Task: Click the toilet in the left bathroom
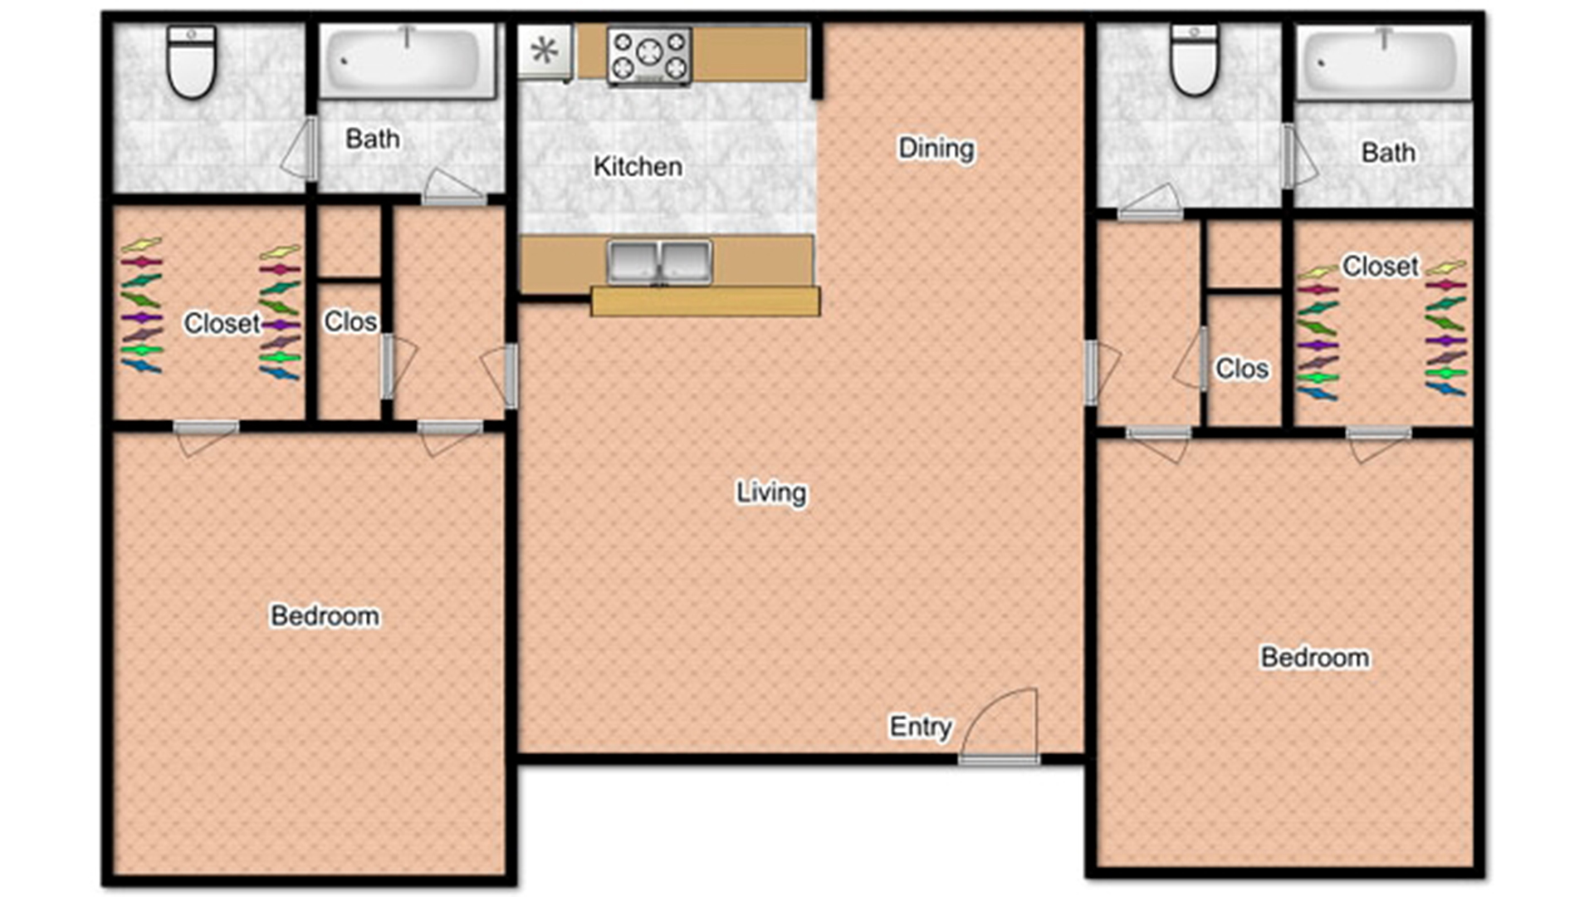click(192, 61)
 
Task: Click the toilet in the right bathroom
click(1194, 59)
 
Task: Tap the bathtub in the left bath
click(408, 61)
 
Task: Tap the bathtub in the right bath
click(1383, 63)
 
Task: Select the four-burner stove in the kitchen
click(649, 56)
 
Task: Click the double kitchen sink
click(659, 262)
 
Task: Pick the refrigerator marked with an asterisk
click(545, 51)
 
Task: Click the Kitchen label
click(638, 166)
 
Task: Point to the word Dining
click(936, 149)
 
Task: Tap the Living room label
click(771, 493)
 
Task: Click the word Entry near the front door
click(921, 727)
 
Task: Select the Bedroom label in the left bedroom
click(325, 615)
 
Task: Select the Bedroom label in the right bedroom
click(1315, 657)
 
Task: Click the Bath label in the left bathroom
click(373, 139)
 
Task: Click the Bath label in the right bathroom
click(1388, 152)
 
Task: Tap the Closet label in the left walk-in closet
click(222, 323)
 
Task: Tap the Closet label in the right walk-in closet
click(1381, 266)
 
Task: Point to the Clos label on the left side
click(350, 321)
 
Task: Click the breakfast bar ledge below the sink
click(706, 301)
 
